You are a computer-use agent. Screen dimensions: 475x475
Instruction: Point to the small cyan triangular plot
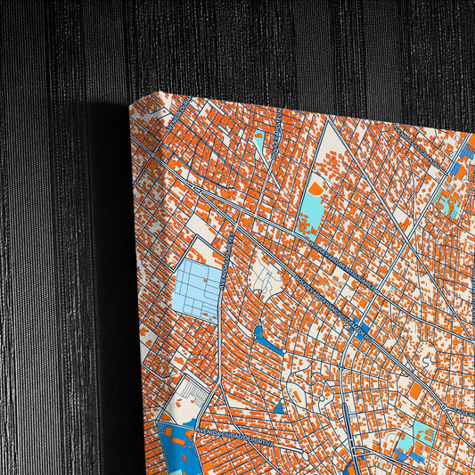click(x=259, y=143)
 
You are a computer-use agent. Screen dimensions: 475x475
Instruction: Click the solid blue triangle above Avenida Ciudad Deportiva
click(x=277, y=407)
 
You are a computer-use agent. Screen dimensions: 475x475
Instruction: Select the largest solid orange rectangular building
click(x=415, y=391)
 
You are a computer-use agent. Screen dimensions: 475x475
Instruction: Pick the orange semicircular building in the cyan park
click(x=317, y=188)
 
